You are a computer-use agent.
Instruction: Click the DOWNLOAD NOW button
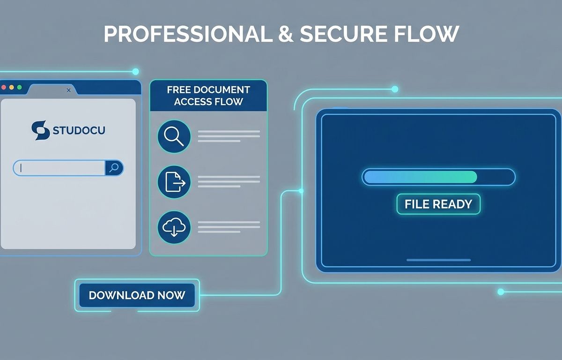click(x=137, y=295)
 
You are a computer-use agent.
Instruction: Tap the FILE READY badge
click(x=438, y=204)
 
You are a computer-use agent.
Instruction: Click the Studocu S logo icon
click(x=40, y=130)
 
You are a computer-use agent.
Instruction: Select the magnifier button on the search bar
click(x=114, y=168)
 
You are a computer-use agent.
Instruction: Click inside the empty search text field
click(x=59, y=168)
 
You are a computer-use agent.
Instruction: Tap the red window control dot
click(x=4, y=87)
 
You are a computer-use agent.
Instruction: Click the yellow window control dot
click(x=12, y=87)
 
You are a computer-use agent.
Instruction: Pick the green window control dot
click(x=19, y=87)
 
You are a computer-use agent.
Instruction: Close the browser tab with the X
click(x=68, y=90)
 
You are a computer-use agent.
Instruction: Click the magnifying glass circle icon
click(x=174, y=136)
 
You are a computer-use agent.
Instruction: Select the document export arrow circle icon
click(x=174, y=182)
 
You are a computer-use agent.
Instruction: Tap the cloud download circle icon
click(x=174, y=227)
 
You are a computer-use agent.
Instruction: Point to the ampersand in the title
click(x=286, y=34)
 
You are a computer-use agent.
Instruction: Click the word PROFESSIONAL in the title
click(x=188, y=34)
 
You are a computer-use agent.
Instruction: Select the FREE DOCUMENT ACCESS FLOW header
click(x=208, y=96)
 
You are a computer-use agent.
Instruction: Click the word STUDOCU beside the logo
click(x=79, y=130)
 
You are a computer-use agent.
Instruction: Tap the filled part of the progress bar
click(x=421, y=177)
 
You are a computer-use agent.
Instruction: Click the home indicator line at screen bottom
click(x=438, y=260)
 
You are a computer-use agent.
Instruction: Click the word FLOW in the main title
click(x=427, y=34)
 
